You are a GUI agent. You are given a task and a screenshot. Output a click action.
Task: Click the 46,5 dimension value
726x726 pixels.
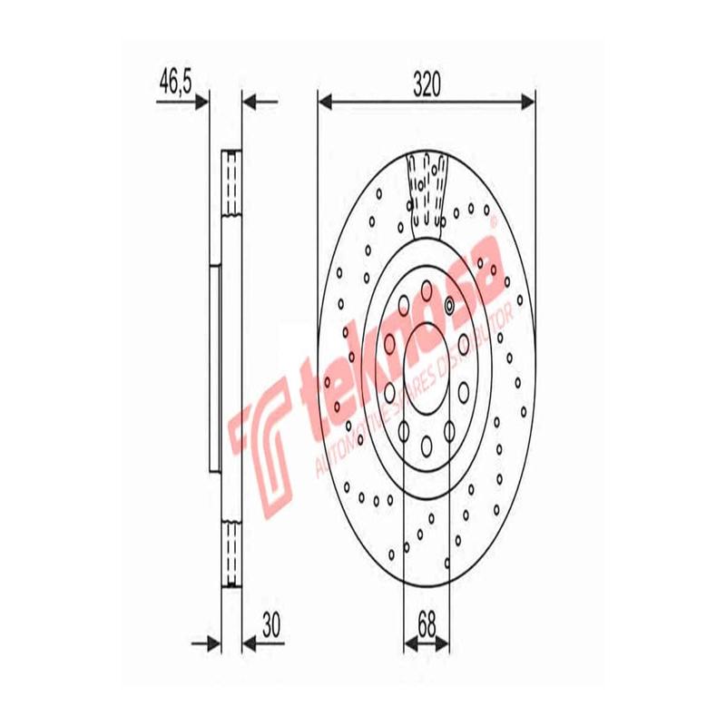(175, 84)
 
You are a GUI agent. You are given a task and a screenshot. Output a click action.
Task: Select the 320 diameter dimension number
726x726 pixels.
(427, 84)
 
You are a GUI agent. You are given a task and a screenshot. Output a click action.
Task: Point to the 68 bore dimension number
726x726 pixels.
(427, 624)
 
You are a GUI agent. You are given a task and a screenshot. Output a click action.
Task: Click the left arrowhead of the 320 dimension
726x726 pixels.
(325, 101)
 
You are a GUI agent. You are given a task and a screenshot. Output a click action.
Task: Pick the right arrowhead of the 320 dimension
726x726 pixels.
(528, 101)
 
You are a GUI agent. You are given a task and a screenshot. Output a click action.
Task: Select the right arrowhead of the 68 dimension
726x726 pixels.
(446, 643)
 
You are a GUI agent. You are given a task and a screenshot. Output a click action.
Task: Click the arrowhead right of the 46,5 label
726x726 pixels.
(203, 101)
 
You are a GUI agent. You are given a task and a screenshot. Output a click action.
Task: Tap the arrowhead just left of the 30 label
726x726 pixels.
(250, 643)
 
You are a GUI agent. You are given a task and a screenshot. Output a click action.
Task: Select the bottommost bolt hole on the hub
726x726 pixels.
(427, 445)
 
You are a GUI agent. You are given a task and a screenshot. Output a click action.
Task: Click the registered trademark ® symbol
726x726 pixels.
(493, 221)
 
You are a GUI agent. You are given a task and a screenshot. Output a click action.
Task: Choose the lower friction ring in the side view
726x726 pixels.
(232, 554)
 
